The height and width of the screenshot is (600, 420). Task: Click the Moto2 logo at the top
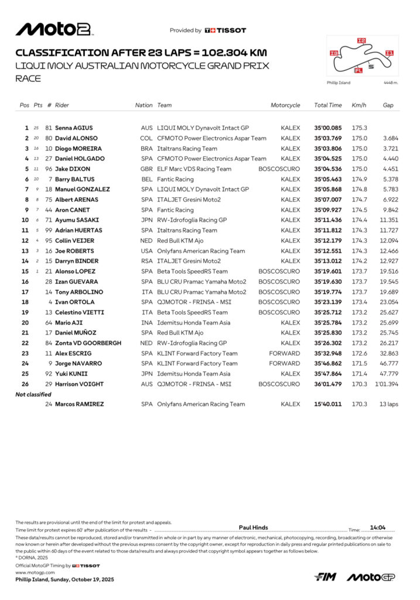53,29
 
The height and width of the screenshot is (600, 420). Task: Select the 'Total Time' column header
328,105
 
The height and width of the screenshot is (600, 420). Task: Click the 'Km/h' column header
359,105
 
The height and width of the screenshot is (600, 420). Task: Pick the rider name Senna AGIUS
74,128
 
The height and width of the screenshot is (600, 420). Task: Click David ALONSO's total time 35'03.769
328,138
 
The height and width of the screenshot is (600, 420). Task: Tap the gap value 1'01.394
387,384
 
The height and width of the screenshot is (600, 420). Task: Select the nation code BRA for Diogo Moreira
146,148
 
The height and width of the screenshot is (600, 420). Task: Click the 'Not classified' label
33,394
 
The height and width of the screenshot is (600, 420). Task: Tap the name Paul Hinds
254,528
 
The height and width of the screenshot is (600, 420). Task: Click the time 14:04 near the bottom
378,528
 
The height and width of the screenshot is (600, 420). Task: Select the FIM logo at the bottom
325,577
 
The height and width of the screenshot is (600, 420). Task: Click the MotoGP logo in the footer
371,577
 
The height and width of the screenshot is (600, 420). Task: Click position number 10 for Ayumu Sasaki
25,220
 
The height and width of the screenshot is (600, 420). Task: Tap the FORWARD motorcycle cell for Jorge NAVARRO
285,363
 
